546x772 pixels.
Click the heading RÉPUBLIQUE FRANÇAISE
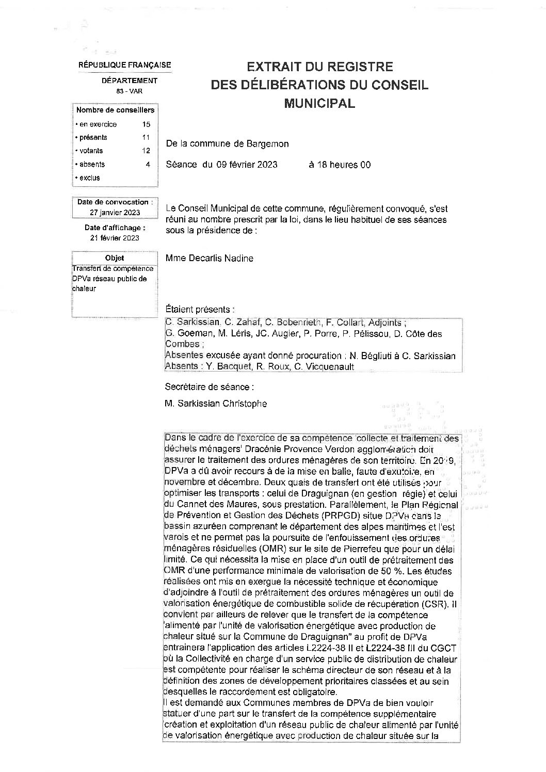point(124,65)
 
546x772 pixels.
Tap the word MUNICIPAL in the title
point(319,103)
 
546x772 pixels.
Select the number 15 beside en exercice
point(146,124)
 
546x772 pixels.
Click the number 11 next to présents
point(146,138)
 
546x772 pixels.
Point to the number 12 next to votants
point(146,151)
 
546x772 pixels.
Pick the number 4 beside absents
point(148,165)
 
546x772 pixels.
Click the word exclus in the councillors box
point(90,178)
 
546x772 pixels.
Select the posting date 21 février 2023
point(115,238)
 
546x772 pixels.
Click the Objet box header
point(115,258)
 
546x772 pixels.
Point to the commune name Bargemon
point(268,144)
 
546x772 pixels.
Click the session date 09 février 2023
point(247,165)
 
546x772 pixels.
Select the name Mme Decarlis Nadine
point(210,259)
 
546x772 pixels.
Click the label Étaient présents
point(200,310)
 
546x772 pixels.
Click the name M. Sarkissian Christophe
point(216,404)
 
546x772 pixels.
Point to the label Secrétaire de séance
point(210,387)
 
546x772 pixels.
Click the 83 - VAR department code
point(130,91)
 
